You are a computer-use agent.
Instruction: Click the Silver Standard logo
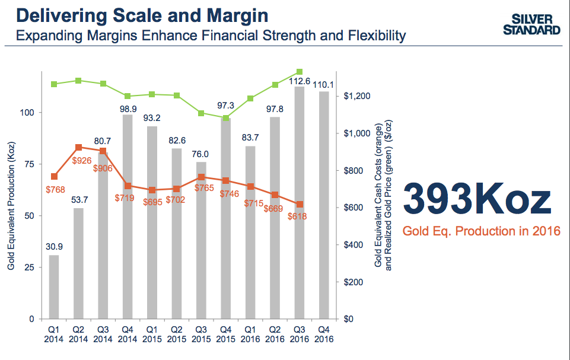tap(532, 25)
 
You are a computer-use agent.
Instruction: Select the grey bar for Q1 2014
tap(54, 287)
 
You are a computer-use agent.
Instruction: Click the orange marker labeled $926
tap(79, 147)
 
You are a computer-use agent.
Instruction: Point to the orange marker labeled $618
tap(300, 204)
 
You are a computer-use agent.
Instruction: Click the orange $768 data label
tap(55, 189)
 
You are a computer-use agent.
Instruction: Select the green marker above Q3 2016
tap(300, 72)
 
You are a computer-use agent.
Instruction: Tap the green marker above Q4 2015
tap(226, 117)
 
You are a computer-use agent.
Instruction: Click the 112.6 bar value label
tap(300, 81)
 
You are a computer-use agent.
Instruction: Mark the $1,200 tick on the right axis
tap(356, 96)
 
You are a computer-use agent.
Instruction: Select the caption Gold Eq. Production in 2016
tap(481, 231)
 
